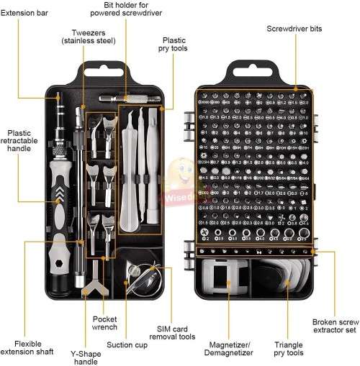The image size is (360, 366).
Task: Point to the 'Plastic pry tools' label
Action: [x=174, y=45]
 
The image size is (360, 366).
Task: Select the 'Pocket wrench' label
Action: [x=105, y=323]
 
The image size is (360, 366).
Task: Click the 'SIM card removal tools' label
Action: [x=176, y=331]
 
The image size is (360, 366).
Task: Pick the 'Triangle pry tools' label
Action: [x=289, y=349]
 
